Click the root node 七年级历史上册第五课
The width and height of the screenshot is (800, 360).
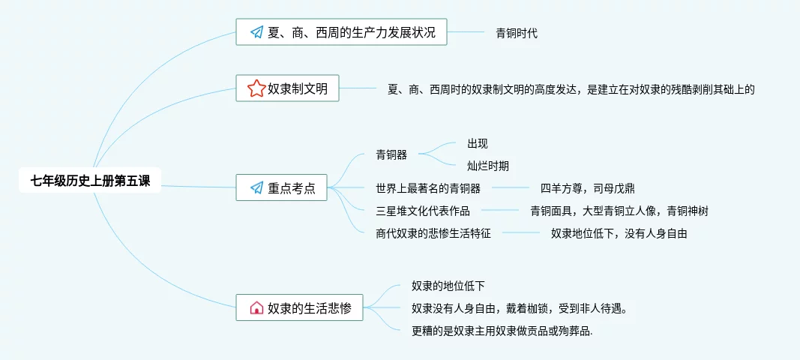click(x=89, y=180)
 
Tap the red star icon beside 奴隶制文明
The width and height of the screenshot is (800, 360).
click(x=256, y=88)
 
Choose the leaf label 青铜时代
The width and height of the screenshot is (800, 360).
click(x=517, y=33)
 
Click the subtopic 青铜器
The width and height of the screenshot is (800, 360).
click(x=391, y=155)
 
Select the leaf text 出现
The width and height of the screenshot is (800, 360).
click(x=478, y=143)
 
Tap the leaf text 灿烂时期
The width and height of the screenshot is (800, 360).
click(x=488, y=166)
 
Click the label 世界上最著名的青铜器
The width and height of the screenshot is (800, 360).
click(x=428, y=187)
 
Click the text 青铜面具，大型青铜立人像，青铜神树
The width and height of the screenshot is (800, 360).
click(x=619, y=211)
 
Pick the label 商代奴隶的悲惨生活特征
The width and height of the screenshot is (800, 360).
click(x=433, y=233)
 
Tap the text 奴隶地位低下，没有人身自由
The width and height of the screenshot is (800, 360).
click(x=619, y=233)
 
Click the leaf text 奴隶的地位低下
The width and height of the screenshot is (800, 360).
click(x=448, y=286)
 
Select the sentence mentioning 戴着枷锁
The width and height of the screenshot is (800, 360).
click(x=520, y=308)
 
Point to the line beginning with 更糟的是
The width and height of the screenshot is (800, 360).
click(x=502, y=331)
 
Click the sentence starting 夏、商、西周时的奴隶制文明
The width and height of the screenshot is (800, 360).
click(x=571, y=89)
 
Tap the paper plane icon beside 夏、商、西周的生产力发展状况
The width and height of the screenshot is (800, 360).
click(x=256, y=32)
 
